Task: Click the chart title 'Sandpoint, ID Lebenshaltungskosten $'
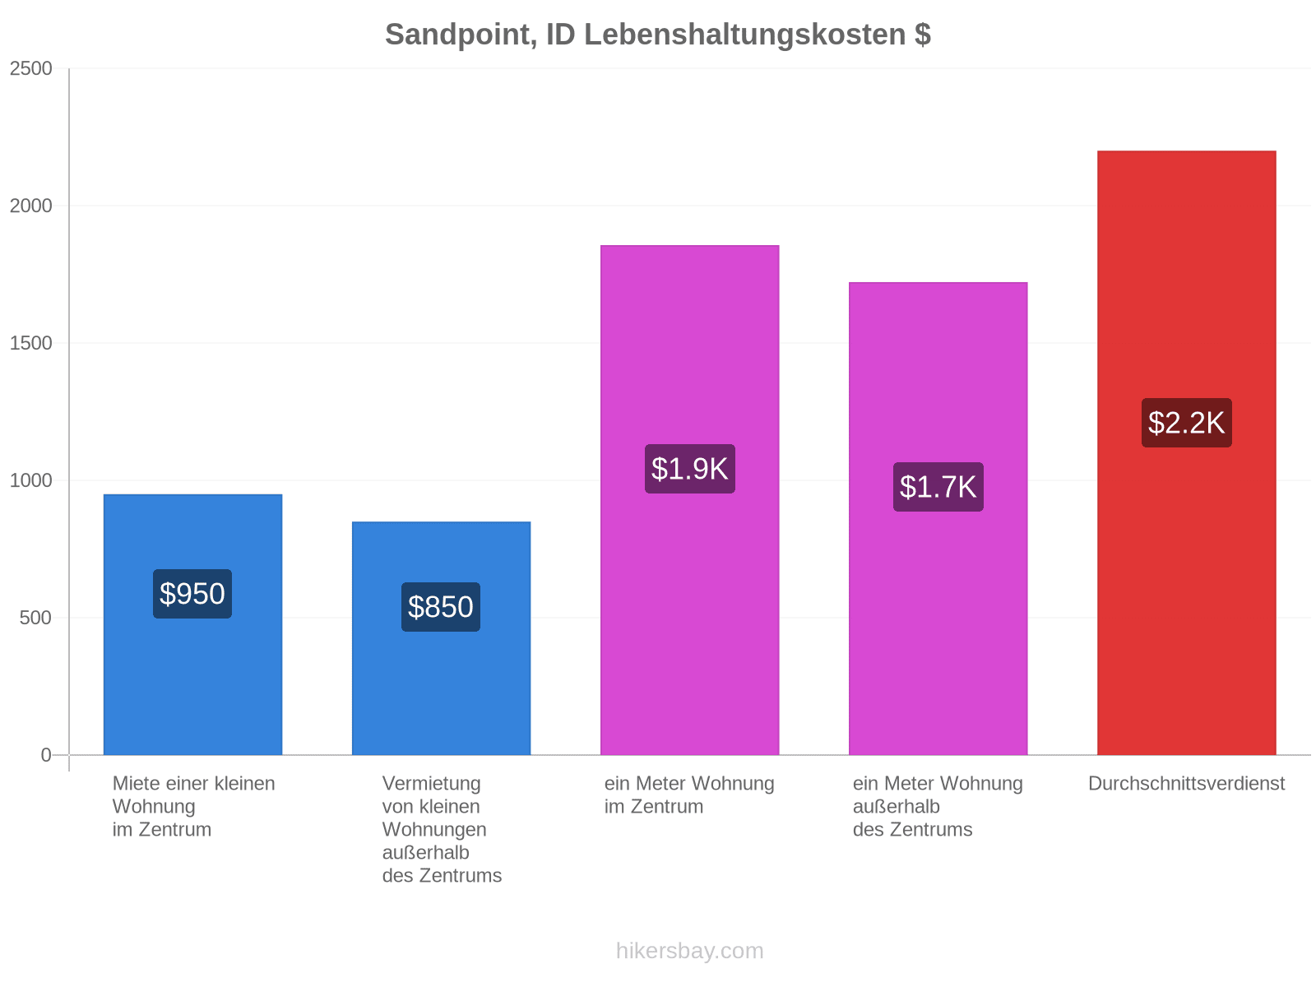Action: click(x=658, y=35)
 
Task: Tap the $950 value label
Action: click(x=192, y=594)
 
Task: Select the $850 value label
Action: click(x=441, y=607)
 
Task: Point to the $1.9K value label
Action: click(x=689, y=469)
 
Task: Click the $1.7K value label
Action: click(x=938, y=487)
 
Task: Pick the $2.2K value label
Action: click(x=1187, y=423)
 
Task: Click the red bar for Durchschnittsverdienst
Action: click(x=1187, y=453)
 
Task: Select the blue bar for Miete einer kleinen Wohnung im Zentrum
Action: click(x=192, y=625)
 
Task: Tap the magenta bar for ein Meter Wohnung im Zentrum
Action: click(x=689, y=500)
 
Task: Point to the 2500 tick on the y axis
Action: click(x=31, y=69)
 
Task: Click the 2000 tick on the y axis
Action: click(x=31, y=206)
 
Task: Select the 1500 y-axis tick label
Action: click(x=31, y=343)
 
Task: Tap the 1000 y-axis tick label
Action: click(x=31, y=480)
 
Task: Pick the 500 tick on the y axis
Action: click(x=36, y=618)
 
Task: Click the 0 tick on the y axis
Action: click(x=46, y=755)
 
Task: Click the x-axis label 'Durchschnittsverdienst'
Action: click(x=1187, y=784)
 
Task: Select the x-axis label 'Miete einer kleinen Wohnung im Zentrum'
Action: click(x=193, y=807)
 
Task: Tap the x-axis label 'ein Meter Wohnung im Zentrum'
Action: click(x=689, y=795)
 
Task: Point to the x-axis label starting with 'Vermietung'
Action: click(x=442, y=830)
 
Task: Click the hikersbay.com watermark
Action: click(x=689, y=951)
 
